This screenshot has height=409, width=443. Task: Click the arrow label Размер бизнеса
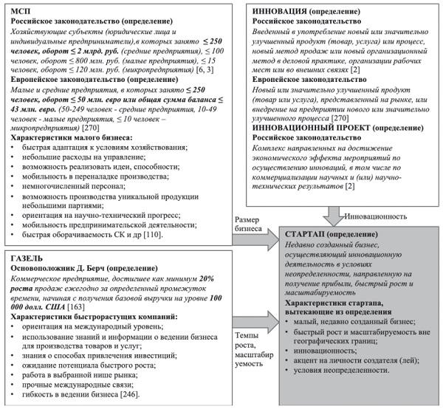pyautogui.click(x=250, y=224)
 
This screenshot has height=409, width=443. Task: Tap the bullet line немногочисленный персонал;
pyautogui.click(x=73, y=188)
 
